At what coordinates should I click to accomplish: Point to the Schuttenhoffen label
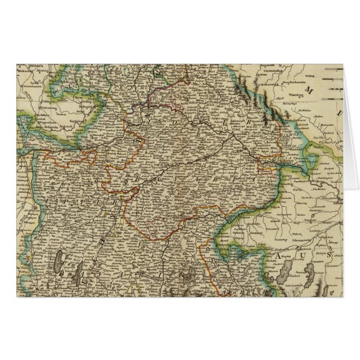click(x=281, y=74)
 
